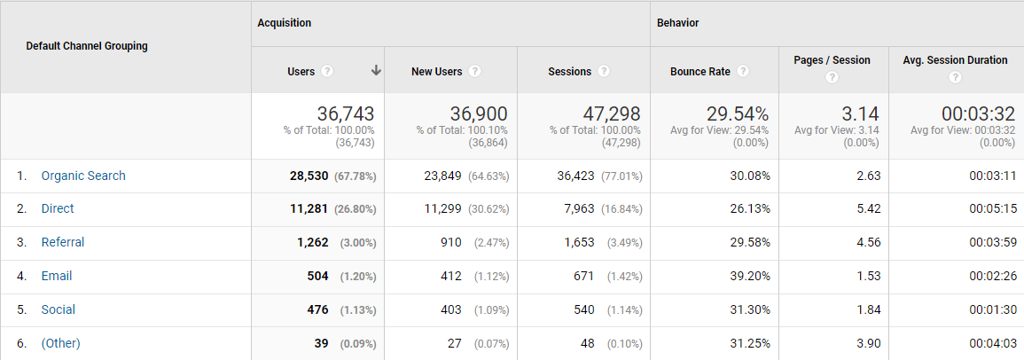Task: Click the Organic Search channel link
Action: coord(83,176)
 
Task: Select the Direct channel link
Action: coord(58,209)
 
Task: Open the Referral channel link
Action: coord(63,242)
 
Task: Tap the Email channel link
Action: coord(57,276)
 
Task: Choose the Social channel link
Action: coord(58,309)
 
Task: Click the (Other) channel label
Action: coord(61,343)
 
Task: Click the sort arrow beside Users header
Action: coord(376,71)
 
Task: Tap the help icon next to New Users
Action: coord(475,71)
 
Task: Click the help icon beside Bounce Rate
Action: coord(743,71)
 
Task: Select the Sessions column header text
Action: coord(569,71)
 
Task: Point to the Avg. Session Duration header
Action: coord(955,60)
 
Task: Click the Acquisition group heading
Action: coord(285,23)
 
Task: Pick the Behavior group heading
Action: coord(678,23)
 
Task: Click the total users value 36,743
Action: coord(346,114)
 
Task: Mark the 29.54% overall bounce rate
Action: coord(738,114)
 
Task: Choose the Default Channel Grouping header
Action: coord(87,46)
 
